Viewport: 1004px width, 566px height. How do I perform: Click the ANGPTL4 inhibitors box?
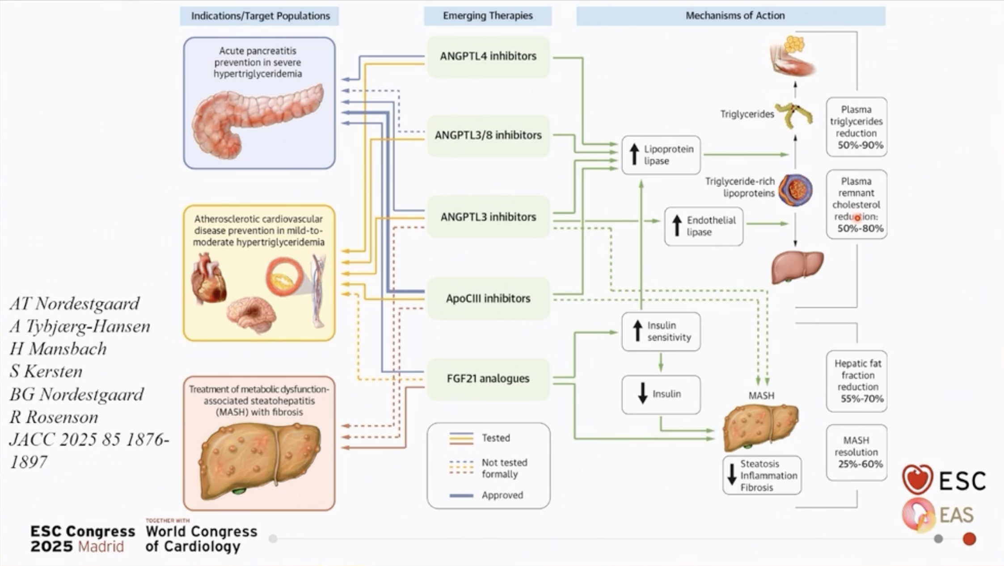pyautogui.click(x=488, y=56)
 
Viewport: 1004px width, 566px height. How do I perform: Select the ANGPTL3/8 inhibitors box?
pyautogui.click(x=488, y=135)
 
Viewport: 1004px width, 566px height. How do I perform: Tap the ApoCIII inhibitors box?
pyautogui.click(x=488, y=298)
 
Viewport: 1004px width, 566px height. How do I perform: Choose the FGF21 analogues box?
pyautogui.click(x=488, y=379)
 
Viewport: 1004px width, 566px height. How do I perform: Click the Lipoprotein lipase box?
pyautogui.click(x=661, y=155)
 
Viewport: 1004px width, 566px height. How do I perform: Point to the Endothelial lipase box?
pyautogui.click(x=704, y=226)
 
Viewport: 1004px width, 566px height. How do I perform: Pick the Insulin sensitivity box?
pyautogui.click(x=661, y=331)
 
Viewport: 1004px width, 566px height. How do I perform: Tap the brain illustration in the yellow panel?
pyautogui.click(x=251, y=314)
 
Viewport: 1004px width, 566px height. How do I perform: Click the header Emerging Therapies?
pyautogui.click(x=488, y=16)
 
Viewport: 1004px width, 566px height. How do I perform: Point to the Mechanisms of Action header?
pyautogui.click(x=735, y=16)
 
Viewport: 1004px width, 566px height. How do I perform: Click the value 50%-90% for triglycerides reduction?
pyautogui.click(x=860, y=145)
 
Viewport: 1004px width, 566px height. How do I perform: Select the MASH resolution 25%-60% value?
pyautogui.click(x=860, y=464)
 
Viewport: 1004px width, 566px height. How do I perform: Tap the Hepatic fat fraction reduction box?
pyautogui.click(x=857, y=381)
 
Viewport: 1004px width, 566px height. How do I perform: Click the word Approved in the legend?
pyautogui.click(x=502, y=495)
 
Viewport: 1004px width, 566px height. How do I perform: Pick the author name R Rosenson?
pyautogui.click(x=54, y=417)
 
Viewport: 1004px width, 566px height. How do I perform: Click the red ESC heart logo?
pyautogui.click(x=917, y=479)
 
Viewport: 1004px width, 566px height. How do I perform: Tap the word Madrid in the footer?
pyautogui.click(x=101, y=547)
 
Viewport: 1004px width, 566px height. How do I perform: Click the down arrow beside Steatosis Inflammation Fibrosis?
pyautogui.click(x=732, y=475)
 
